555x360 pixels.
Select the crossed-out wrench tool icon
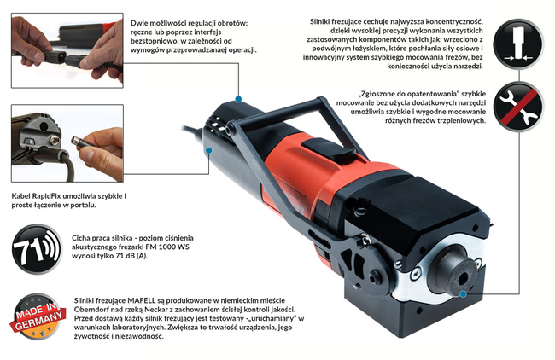click(519, 107)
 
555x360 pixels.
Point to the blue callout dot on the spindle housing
click(463, 295)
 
